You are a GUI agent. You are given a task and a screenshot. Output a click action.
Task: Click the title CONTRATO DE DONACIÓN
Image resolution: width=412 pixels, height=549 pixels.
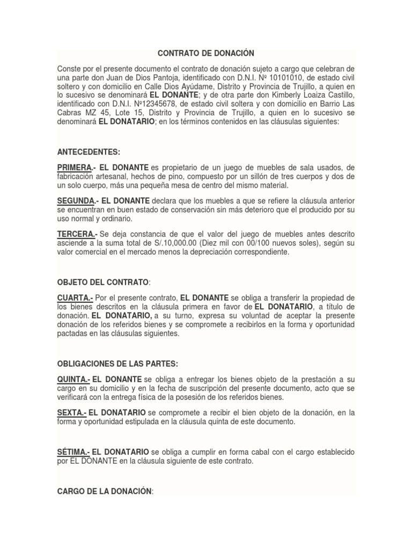point(205,54)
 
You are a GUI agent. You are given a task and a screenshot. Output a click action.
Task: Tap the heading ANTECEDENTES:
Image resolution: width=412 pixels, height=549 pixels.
point(88,152)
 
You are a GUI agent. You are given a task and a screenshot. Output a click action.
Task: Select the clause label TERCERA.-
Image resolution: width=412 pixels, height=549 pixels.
point(77,234)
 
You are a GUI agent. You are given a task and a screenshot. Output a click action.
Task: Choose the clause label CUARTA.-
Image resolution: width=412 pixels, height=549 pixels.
point(74,298)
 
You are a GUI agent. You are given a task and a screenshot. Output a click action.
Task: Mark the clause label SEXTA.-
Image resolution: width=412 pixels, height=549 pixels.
point(71,413)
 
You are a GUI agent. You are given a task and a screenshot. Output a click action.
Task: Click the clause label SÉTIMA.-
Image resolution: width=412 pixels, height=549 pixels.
point(72,452)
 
